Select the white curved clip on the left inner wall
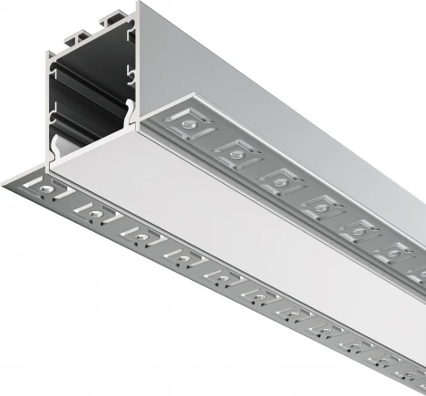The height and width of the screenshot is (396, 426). (56, 146)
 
